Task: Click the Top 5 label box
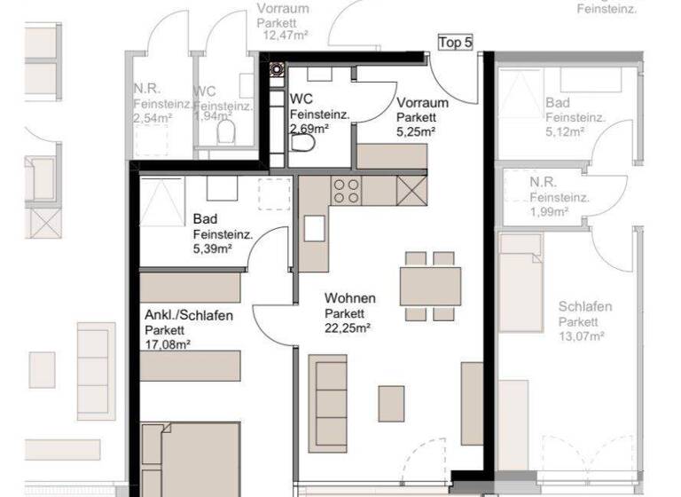tap(456, 43)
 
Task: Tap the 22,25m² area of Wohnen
tap(347, 327)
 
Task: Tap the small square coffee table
tap(391, 404)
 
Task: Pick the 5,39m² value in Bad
tap(212, 249)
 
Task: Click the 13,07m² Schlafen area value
tap(582, 336)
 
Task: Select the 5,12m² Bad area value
tap(565, 131)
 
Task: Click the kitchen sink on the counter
tap(314, 228)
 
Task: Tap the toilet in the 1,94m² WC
tap(227, 133)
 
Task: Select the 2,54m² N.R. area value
tap(151, 117)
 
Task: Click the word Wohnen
tap(349, 298)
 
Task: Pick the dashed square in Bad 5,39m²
tap(274, 193)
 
